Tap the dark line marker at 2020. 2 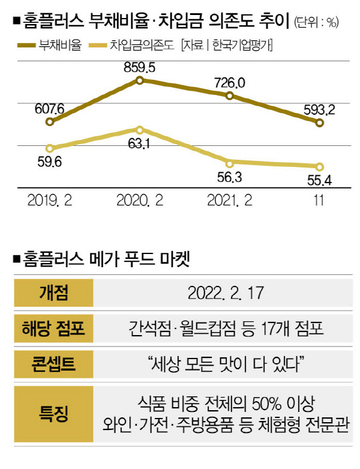[140, 80]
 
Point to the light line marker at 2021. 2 [229, 162]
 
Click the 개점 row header [53, 294]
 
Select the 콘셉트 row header [53, 363]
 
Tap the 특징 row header [53, 412]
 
